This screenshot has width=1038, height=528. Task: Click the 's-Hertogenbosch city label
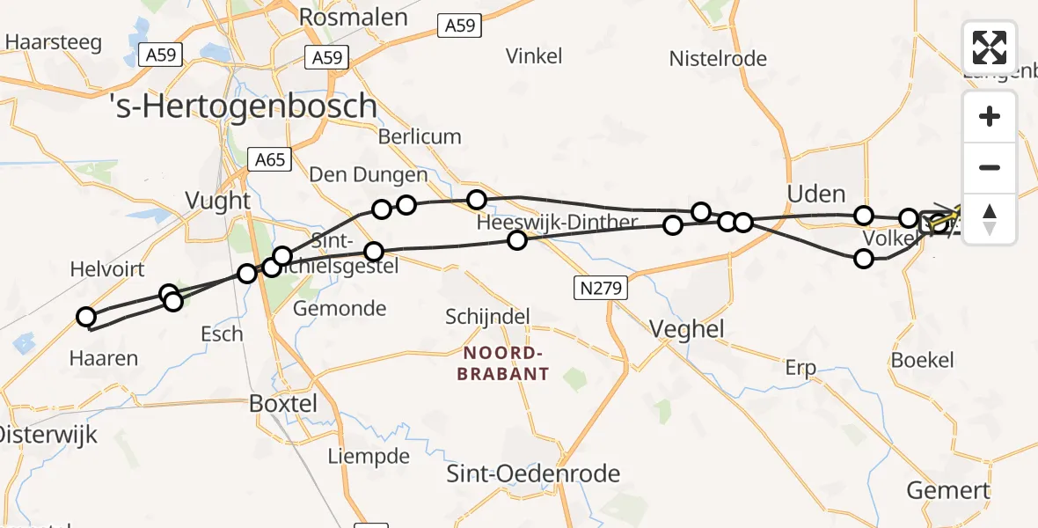(245, 106)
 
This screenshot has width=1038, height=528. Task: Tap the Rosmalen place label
(354, 18)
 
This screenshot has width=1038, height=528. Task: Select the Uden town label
(815, 194)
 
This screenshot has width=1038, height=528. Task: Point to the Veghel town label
(686, 329)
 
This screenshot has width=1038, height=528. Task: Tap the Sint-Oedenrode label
(533, 474)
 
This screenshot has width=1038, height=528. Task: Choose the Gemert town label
(947, 490)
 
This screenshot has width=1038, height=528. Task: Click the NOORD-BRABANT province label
(502, 363)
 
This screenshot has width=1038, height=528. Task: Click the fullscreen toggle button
(990, 48)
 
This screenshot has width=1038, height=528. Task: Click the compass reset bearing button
(990, 219)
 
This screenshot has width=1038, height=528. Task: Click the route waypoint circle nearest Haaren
(86, 317)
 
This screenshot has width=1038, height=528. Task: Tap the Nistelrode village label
(718, 59)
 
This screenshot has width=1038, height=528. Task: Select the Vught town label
(218, 201)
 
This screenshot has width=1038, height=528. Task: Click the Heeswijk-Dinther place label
(556, 223)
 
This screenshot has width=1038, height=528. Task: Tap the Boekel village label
(922, 360)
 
